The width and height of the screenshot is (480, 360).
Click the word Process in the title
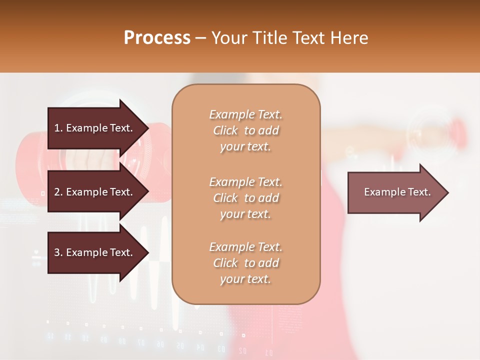pos(157,38)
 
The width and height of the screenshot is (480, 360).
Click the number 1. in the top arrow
pos(58,128)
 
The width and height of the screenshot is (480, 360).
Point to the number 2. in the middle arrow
pos(58,192)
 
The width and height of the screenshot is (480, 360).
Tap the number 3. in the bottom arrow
pos(58,252)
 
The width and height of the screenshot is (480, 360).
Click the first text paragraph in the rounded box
pos(245,130)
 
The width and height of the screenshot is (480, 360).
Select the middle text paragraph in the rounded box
pos(245,198)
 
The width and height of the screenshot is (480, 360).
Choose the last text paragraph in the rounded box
pos(245,263)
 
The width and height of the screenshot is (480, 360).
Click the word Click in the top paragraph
pos(225,130)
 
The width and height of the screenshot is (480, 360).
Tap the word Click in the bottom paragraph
pos(225,263)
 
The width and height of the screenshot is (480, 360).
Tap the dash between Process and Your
pos(200,38)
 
